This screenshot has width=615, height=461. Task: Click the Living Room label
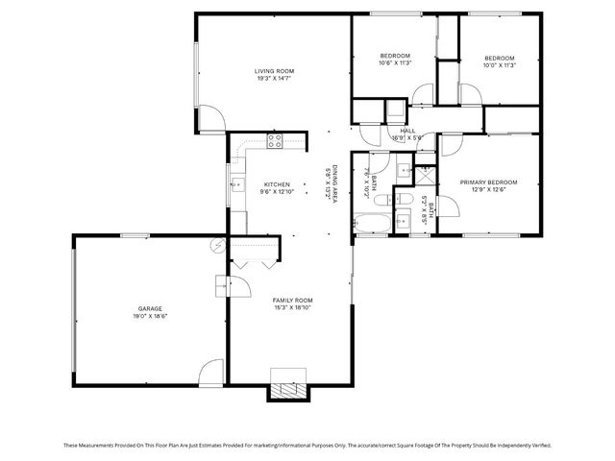point(274,71)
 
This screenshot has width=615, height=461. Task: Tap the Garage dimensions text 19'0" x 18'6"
point(148,316)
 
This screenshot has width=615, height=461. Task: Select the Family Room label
point(293,301)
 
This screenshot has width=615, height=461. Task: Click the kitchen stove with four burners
point(274,142)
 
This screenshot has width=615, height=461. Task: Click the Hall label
point(407,131)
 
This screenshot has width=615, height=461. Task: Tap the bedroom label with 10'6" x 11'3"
point(395,58)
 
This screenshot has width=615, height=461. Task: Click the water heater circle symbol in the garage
point(218,245)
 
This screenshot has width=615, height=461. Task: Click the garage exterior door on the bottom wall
point(210,374)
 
